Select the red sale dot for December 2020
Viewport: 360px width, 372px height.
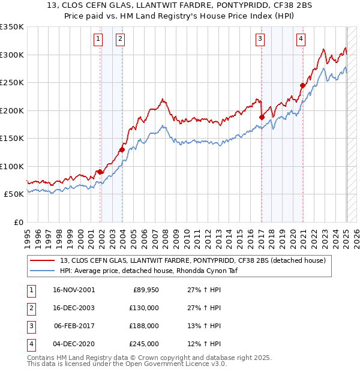(303, 86)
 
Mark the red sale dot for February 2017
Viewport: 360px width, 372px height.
(262, 118)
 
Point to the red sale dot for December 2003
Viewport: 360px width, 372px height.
(121, 150)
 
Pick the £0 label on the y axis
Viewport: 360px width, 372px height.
(19, 223)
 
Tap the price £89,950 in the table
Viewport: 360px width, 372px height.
(143, 290)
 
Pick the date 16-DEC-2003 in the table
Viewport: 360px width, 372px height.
(74, 308)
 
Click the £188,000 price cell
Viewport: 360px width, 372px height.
(143, 326)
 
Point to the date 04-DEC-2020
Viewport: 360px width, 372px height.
(74, 344)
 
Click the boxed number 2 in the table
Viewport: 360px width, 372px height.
(30, 308)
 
